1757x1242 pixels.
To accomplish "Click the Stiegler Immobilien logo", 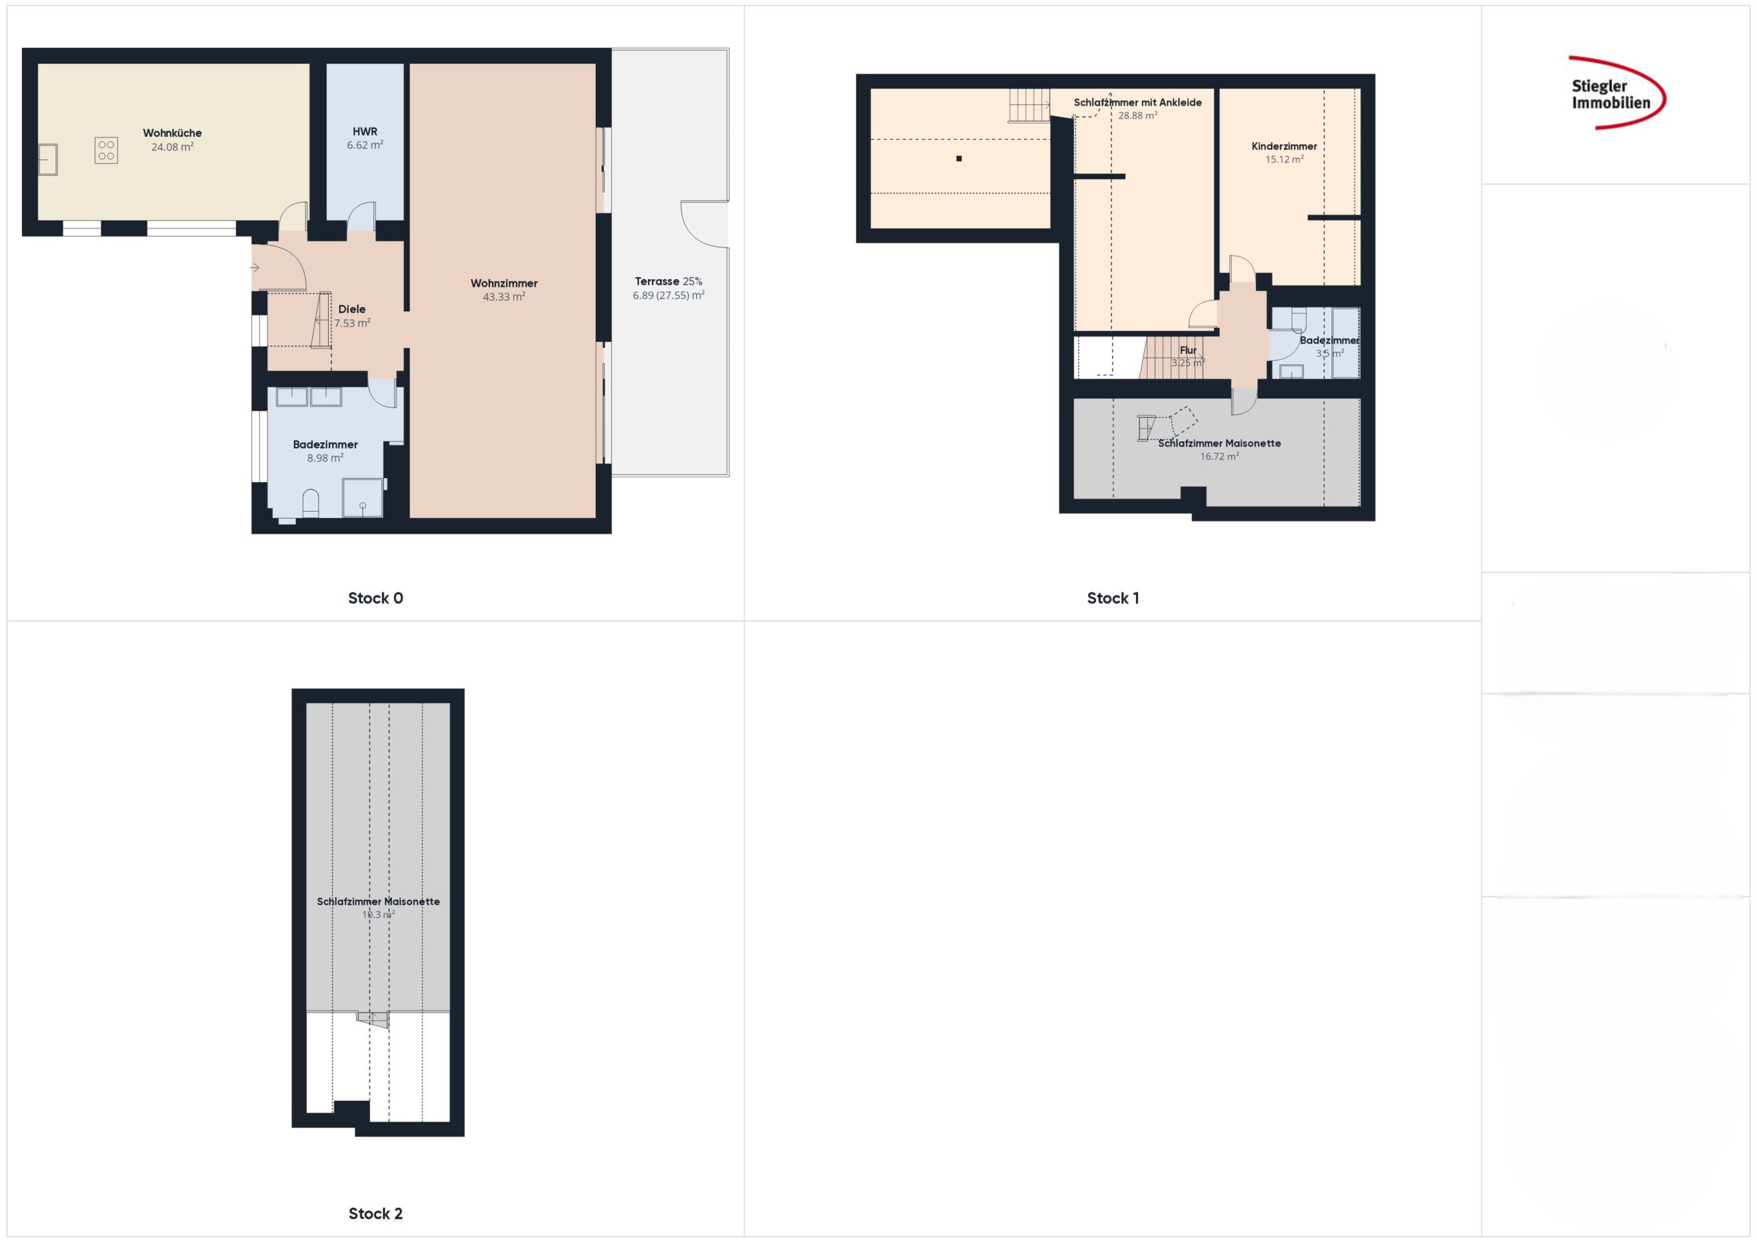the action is click(x=1616, y=93).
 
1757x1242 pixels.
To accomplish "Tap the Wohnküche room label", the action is click(x=172, y=133).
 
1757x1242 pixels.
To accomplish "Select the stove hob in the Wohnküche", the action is click(x=106, y=150).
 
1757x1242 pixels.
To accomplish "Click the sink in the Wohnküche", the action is click(x=48, y=159).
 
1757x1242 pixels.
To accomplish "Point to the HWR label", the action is click(x=365, y=132).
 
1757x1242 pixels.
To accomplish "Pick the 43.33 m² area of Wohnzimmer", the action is click(x=504, y=297).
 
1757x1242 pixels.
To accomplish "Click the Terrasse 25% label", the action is click(x=668, y=281).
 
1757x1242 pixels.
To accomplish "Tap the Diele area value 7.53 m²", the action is click(x=352, y=323).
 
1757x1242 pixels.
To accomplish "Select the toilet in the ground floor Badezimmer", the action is click(x=311, y=503).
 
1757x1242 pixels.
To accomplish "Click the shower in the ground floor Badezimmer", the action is click(x=362, y=498).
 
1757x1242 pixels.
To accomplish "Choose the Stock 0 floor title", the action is click(x=375, y=598).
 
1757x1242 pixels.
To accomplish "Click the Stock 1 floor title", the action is click(x=1113, y=598).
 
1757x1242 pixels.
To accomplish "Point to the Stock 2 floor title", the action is click(x=375, y=1213).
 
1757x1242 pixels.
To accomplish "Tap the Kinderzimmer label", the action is click(x=1284, y=146).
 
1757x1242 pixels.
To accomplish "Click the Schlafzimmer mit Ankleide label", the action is click(x=1137, y=102).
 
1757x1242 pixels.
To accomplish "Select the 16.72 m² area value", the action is click(x=1219, y=457).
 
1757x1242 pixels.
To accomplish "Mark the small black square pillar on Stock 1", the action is click(x=959, y=159).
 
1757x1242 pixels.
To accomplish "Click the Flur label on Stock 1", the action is click(x=1187, y=350).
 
